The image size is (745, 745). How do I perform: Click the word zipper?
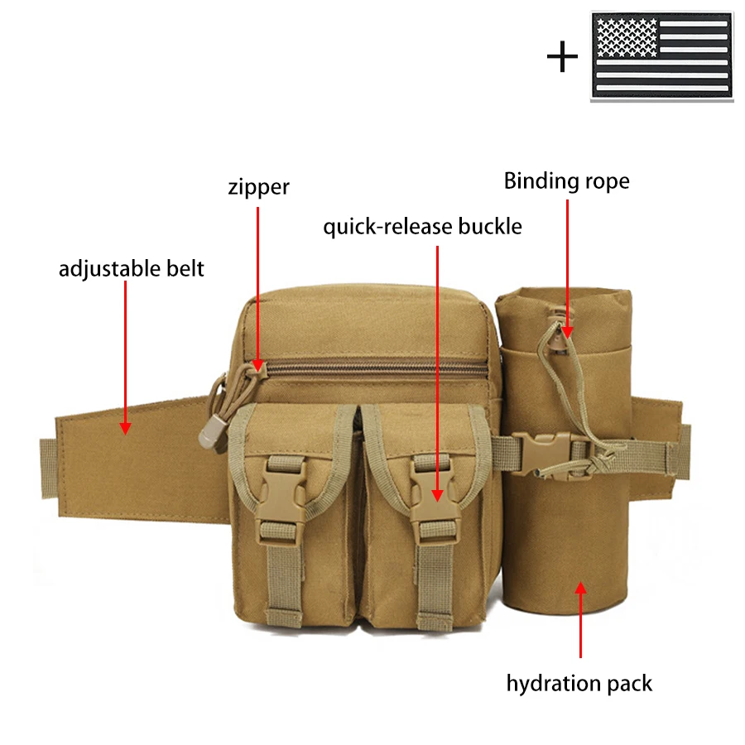click(x=258, y=187)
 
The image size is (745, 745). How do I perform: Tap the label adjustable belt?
click(x=131, y=268)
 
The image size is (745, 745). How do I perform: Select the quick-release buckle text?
click(x=422, y=226)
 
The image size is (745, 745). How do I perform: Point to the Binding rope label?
click(x=566, y=181)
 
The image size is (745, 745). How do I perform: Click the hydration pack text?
click(x=579, y=684)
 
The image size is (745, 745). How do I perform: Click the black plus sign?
click(x=563, y=56)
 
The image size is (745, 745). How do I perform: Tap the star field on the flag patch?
click(x=627, y=37)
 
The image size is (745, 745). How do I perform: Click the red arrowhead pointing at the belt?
click(x=125, y=428)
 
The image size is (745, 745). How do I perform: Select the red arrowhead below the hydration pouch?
click(x=580, y=589)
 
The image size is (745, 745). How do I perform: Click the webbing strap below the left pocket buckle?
click(x=284, y=582)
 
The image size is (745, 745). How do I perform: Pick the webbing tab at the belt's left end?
click(x=48, y=469)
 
